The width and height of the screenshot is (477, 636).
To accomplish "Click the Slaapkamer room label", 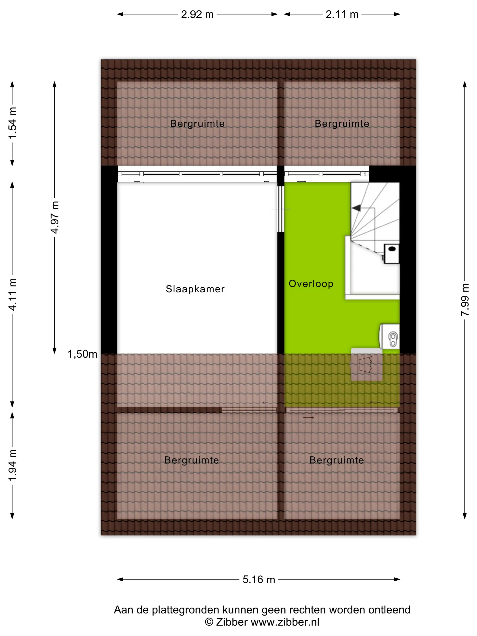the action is pyautogui.click(x=195, y=289).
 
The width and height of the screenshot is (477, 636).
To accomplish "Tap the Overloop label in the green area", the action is pyautogui.click(x=311, y=284).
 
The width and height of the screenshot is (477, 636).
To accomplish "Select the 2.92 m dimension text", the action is pyautogui.click(x=197, y=14).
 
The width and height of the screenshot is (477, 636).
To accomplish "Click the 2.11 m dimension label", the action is pyautogui.click(x=342, y=14).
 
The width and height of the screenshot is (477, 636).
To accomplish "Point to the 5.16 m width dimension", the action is pyautogui.click(x=259, y=579).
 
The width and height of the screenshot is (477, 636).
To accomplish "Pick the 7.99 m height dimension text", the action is pyautogui.click(x=465, y=300).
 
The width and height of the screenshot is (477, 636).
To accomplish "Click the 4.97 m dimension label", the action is pyautogui.click(x=55, y=217).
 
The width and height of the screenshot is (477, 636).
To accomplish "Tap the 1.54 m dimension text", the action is pyautogui.click(x=12, y=123).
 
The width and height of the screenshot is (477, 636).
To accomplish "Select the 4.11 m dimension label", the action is pyautogui.click(x=12, y=294).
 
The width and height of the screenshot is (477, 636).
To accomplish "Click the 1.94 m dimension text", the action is pyautogui.click(x=12, y=465).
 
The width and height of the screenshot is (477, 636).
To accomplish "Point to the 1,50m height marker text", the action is pyautogui.click(x=82, y=354).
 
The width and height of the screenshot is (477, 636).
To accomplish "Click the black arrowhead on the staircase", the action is pyautogui.click(x=357, y=208).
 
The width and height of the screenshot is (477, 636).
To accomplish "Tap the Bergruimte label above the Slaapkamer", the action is pyautogui.click(x=197, y=124).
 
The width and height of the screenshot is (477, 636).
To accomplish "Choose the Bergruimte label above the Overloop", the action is pyautogui.click(x=342, y=124).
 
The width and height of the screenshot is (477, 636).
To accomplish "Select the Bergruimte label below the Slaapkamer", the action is pyautogui.click(x=191, y=460).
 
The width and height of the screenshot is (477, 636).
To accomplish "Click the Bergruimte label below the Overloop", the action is pyautogui.click(x=337, y=460).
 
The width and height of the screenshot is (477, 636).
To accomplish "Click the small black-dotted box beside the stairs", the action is pyautogui.click(x=392, y=253).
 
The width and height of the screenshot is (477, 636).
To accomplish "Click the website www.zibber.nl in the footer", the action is pyautogui.click(x=285, y=622).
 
